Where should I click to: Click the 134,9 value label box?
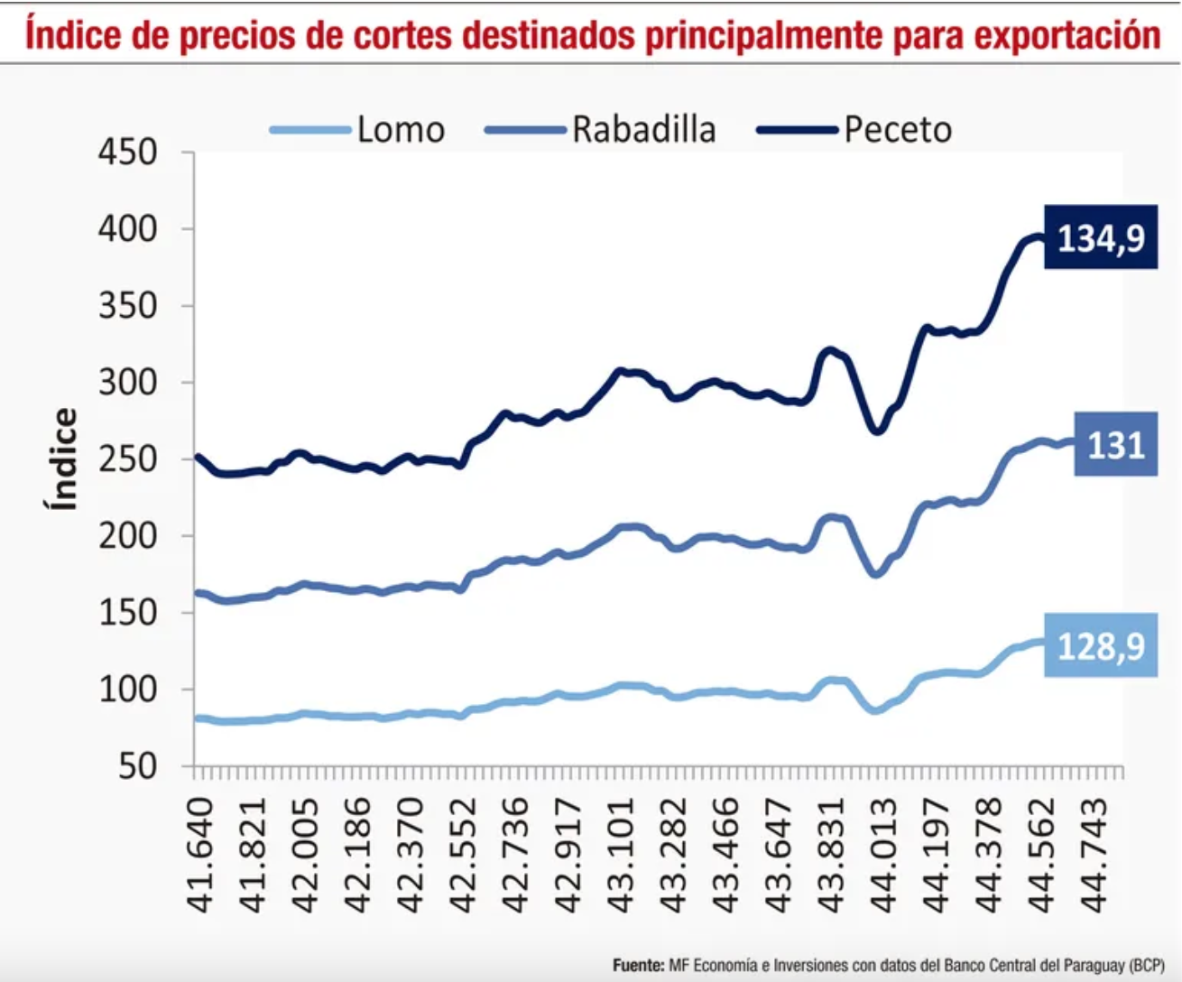pyautogui.click(x=1100, y=238)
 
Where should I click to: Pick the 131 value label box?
pyautogui.click(x=1115, y=445)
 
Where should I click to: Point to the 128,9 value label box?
pyautogui.click(x=1100, y=646)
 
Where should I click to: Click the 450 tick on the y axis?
pyautogui.click(x=127, y=153)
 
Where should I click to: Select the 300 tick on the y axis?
pyautogui.click(x=127, y=383)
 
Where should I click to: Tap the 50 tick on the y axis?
pyautogui.click(x=137, y=766)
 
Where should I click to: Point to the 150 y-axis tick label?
pyautogui.click(x=127, y=613)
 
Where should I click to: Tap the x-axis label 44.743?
pyautogui.click(x=1094, y=854)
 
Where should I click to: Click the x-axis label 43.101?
pyautogui.click(x=620, y=854)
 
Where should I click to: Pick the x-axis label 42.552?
pyautogui.click(x=463, y=854)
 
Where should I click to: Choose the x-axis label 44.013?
pyautogui.click(x=882, y=854)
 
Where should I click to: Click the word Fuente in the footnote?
pyautogui.click(x=637, y=966)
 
